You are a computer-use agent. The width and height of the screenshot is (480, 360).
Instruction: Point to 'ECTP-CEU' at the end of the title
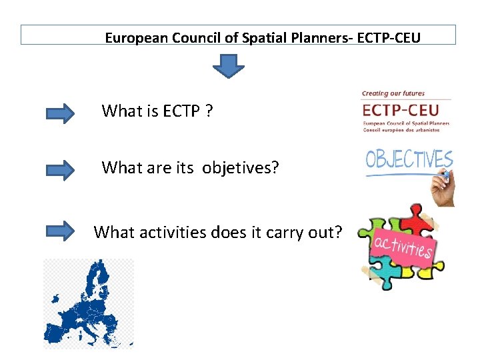(x=389, y=37)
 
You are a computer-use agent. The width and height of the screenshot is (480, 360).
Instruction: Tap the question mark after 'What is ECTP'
(x=209, y=111)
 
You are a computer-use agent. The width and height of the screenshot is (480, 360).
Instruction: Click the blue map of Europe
(x=89, y=303)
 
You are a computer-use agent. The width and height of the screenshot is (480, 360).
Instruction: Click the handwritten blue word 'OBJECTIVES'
(x=408, y=160)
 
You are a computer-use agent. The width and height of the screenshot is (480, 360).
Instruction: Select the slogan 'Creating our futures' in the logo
(x=393, y=93)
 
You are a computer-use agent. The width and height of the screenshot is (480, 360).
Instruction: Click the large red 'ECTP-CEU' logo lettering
(x=405, y=109)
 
